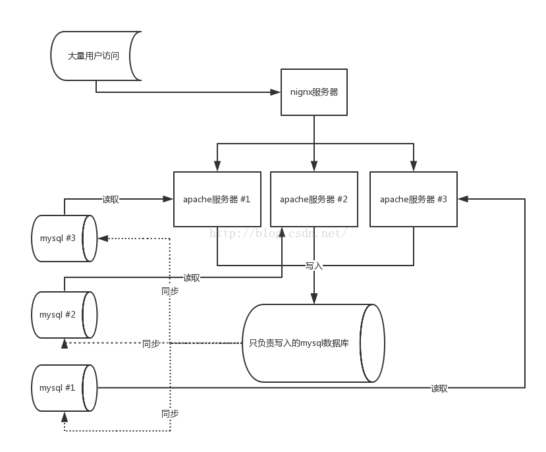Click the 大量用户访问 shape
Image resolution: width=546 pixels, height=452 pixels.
94,56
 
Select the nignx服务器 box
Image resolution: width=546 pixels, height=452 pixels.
314,92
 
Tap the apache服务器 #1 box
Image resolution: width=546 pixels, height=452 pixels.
217,199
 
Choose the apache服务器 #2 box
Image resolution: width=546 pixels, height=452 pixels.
314,199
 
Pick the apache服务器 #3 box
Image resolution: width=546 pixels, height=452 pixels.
413,199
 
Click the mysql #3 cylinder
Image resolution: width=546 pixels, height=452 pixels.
63,238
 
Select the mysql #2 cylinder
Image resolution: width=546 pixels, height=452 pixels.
63,314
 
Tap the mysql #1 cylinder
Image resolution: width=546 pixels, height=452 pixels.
63,387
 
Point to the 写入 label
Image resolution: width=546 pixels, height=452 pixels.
314,266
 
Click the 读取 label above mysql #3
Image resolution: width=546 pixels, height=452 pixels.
111,199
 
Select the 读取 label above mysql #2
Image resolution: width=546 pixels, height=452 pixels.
191,277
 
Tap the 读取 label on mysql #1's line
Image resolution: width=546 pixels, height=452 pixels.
439,388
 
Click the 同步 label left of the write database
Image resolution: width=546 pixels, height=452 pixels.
151,343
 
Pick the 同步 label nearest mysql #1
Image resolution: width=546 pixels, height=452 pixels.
169,413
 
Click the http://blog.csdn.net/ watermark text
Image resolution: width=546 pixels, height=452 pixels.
278,233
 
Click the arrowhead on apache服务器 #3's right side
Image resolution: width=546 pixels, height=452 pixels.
462,198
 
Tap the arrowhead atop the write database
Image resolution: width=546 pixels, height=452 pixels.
314,300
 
